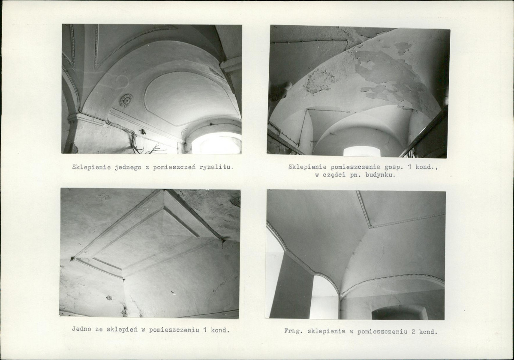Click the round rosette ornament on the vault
(x=126, y=100)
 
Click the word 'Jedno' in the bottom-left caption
(x=82, y=329)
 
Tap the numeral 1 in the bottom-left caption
(x=204, y=330)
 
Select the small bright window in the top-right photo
(x=361, y=151)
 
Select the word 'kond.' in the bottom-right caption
(x=428, y=332)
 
